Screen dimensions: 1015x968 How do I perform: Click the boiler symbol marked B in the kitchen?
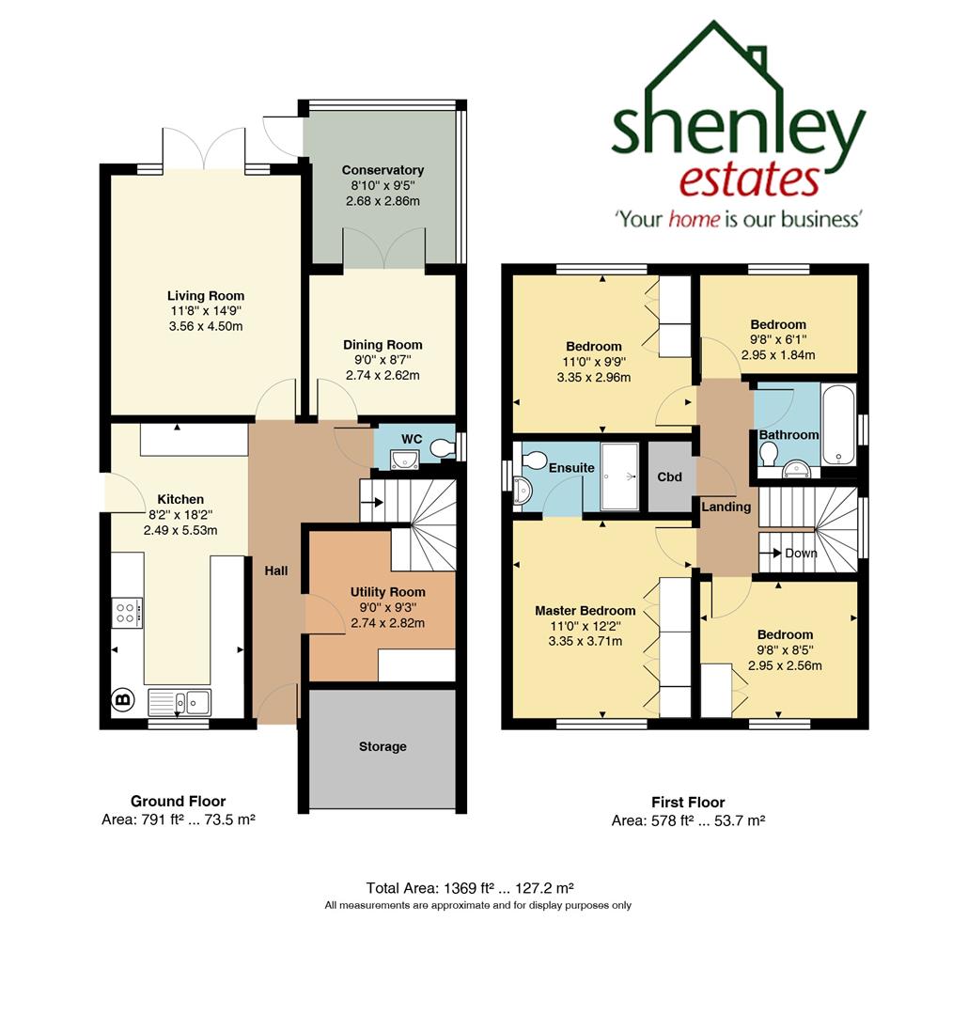point(121,698)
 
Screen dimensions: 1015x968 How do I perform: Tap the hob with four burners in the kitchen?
point(127,613)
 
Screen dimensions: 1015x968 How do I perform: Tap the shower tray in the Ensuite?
point(619,476)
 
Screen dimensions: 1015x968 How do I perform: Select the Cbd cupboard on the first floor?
point(669,476)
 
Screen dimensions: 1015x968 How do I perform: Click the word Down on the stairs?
point(801,554)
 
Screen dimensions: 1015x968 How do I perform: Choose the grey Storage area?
point(383,747)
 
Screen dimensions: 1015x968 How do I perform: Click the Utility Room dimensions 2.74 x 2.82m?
point(387,623)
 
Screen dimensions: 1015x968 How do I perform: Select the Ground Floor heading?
point(178,801)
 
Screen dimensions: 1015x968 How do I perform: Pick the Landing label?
point(726,507)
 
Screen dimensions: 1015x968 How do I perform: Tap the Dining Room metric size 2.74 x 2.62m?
point(382,375)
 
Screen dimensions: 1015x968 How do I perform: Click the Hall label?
point(275,570)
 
